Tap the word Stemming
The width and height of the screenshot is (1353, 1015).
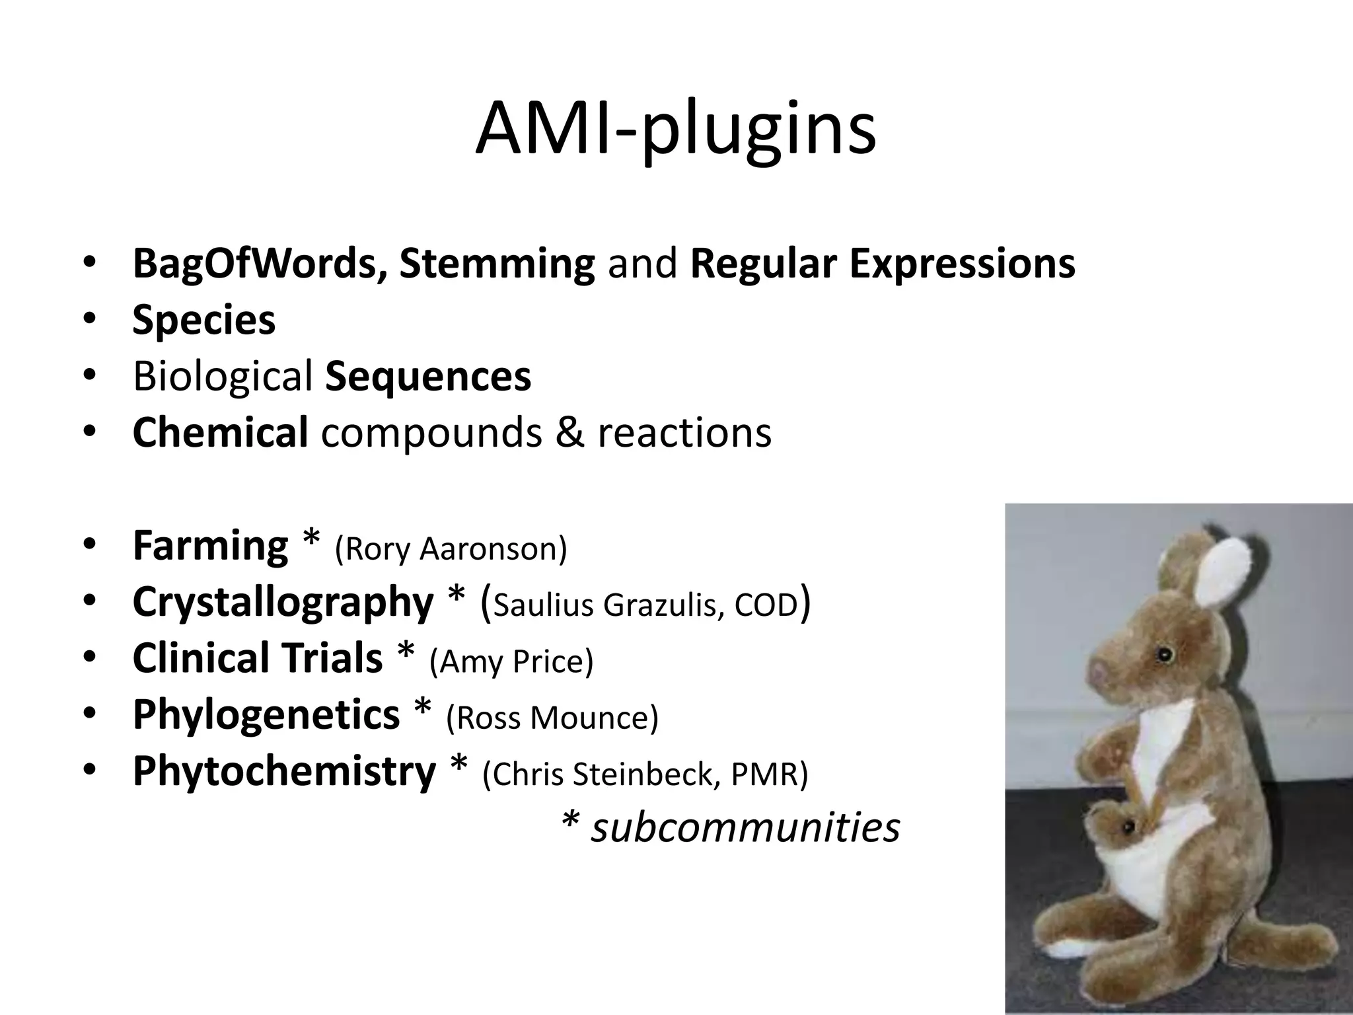(497, 263)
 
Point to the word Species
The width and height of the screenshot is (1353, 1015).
(203, 320)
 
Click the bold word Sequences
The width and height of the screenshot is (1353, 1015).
(428, 376)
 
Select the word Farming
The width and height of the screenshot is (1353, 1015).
(210, 546)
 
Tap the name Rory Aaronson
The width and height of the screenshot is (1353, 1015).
(451, 548)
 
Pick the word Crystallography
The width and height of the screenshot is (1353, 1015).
(283, 602)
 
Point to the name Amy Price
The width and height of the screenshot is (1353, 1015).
(511, 661)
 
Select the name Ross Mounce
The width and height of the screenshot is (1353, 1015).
(552, 718)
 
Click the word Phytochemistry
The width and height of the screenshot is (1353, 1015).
(284, 771)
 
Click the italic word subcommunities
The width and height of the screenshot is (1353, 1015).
(745, 827)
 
